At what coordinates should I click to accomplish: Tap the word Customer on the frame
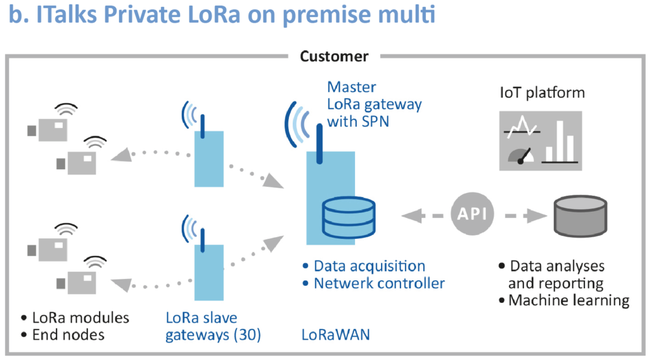pyautogui.click(x=334, y=56)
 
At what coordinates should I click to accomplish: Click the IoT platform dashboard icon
pyautogui.click(x=540, y=141)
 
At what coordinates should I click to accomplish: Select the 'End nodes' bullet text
pyautogui.click(x=69, y=335)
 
